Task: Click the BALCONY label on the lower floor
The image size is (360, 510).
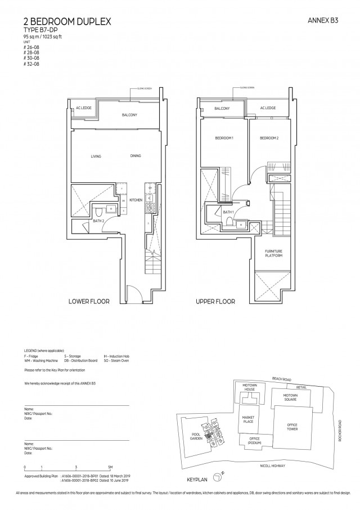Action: pyautogui.click(x=129, y=115)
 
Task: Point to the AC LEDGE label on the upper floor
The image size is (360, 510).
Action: pyautogui.click(x=268, y=109)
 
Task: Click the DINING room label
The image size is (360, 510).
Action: pyautogui.click(x=135, y=156)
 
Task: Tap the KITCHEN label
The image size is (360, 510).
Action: pyautogui.click(x=136, y=200)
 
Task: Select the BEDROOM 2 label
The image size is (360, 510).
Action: pyautogui.click(x=268, y=138)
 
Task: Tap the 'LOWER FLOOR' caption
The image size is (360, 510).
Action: pyautogui.click(x=89, y=302)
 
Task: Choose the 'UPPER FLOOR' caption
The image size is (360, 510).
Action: pyautogui.click(x=215, y=302)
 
